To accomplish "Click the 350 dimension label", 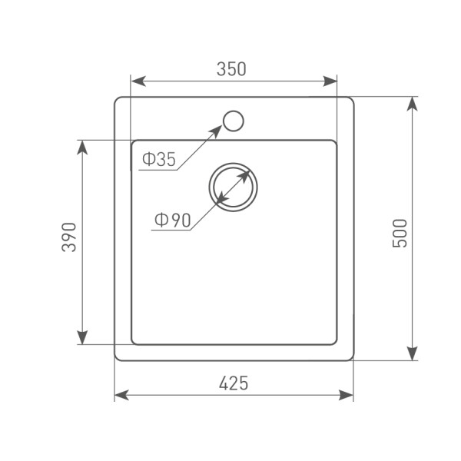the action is tap(231, 69).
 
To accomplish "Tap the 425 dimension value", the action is tap(234, 383).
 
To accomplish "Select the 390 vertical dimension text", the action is tap(69, 237).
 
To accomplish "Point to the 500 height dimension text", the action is tap(400, 233).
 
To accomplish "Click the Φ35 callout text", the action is tap(159, 159).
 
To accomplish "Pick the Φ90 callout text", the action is tap(173, 221).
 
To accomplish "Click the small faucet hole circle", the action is tap(234, 121).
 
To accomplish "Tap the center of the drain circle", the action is tap(234, 187).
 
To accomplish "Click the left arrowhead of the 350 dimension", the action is tap(138, 81).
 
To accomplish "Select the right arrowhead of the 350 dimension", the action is tap(330, 81).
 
